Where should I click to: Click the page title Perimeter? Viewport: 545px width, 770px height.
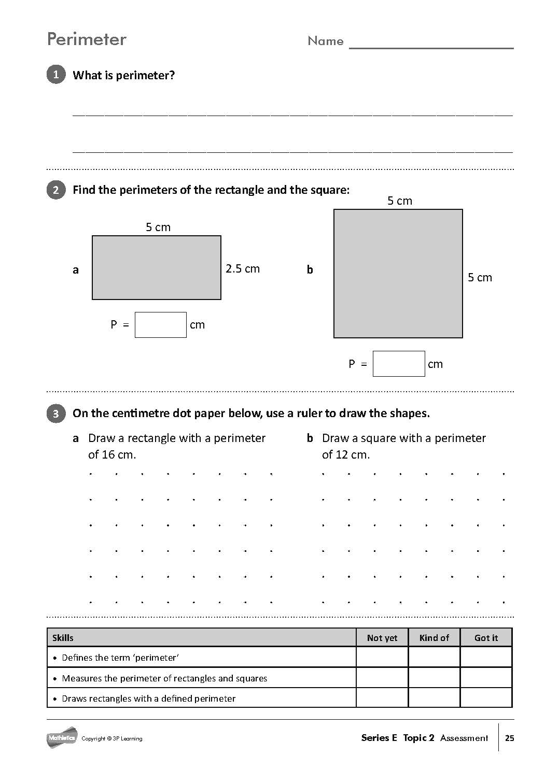(87, 39)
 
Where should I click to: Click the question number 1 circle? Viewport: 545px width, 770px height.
(56, 75)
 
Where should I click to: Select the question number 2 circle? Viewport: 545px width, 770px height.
(56, 190)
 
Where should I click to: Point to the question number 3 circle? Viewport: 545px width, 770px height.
(56, 413)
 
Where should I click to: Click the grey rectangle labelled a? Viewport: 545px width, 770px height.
(157, 268)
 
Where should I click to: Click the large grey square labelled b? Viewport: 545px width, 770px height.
(398, 274)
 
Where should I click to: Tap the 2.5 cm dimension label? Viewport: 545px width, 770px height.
(243, 268)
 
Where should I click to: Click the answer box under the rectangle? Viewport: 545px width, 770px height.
(160, 325)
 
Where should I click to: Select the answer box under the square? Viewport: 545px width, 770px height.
(398, 364)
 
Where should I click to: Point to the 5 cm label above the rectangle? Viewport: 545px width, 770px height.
(158, 227)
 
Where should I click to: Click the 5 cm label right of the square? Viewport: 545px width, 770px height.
(480, 277)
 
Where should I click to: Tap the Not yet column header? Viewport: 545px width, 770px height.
(382, 638)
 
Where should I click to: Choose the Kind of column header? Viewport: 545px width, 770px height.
(434, 638)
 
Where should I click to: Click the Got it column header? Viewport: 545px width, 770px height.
(486, 638)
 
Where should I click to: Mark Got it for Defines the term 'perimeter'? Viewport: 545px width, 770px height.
(486, 658)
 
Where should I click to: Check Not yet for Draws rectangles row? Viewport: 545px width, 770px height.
(382, 698)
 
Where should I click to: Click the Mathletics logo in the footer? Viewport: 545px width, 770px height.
(62, 737)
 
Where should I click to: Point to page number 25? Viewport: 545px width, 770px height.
(509, 738)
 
